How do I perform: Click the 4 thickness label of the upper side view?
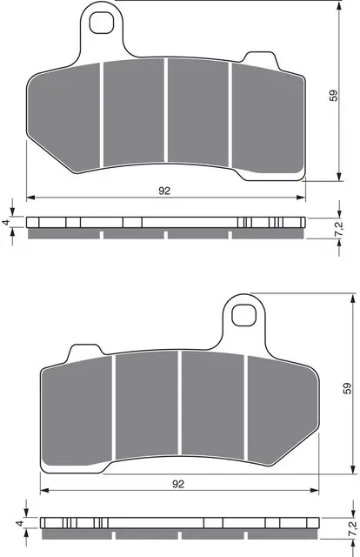[x=8, y=223]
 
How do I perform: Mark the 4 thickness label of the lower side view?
[x=18, y=523]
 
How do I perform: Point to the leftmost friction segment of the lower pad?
[x=78, y=409]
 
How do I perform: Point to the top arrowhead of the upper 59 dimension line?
[x=337, y=7]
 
